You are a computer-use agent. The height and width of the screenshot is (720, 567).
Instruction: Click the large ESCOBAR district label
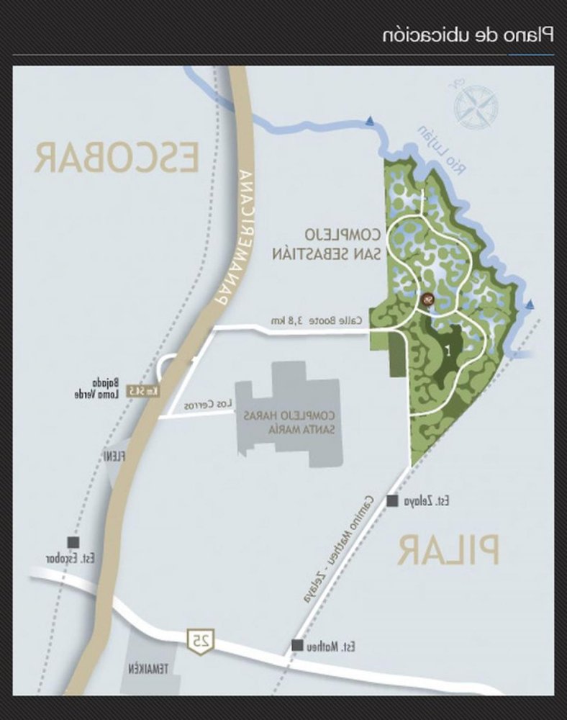[x=117, y=158]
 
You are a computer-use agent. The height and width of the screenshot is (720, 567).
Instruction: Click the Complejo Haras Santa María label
[x=289, y=422]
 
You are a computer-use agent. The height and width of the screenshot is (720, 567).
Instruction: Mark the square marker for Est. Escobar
[x=73, y=542]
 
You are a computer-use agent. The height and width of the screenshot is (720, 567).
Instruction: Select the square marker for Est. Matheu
[x=297, y=647]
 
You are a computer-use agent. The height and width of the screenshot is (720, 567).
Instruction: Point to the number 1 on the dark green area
[x=448, y=352]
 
